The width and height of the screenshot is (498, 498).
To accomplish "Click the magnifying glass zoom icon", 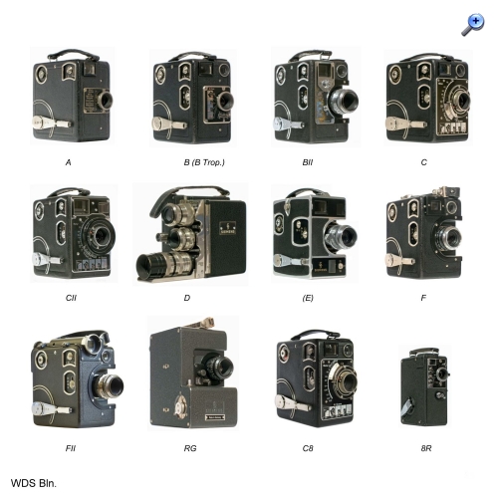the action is point(473,24).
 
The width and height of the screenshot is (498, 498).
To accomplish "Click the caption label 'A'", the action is point(69,162).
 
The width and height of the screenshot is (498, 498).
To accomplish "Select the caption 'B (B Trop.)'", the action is point(204,162).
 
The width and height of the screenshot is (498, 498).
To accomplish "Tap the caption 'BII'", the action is point(308,162).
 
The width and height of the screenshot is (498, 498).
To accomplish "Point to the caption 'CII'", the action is point(71,298).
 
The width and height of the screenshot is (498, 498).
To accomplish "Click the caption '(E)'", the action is point(308,298).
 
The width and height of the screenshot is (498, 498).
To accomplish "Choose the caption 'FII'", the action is point(71,448).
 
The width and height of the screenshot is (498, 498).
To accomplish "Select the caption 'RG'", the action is point(190,448).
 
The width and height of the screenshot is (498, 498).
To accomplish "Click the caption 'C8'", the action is point(308,448).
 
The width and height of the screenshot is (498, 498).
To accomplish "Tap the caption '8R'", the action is point(426,448).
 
